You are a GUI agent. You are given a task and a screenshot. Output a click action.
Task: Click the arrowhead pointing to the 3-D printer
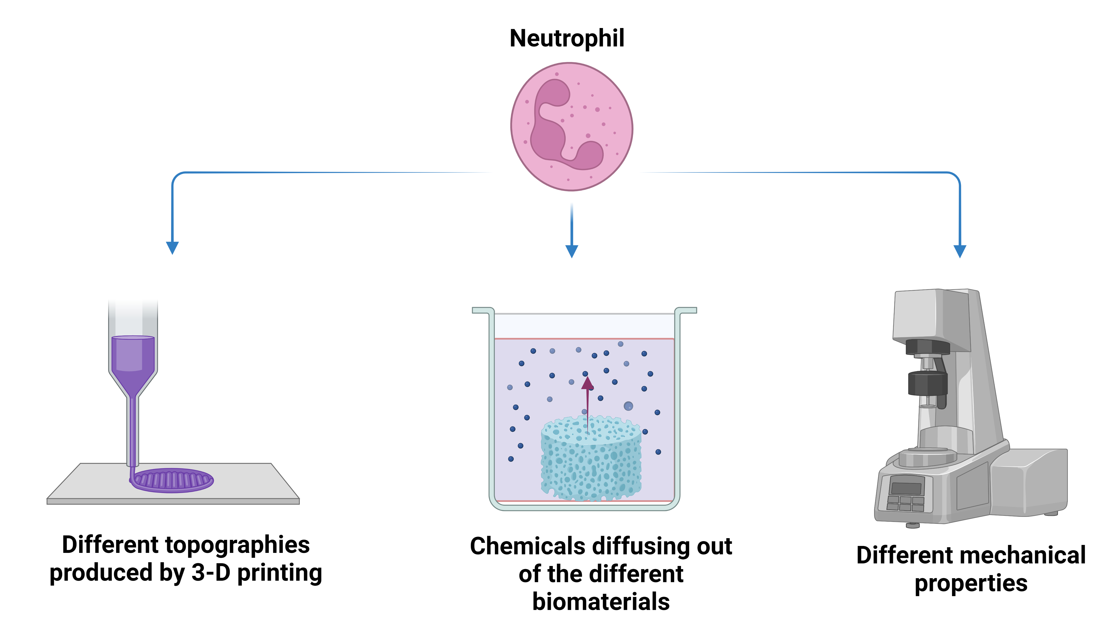172,248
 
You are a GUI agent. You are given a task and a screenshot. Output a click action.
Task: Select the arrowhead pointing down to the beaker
571,251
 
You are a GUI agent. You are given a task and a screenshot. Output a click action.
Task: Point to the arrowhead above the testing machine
959,251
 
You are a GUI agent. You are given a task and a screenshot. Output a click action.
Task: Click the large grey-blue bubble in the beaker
628,406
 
